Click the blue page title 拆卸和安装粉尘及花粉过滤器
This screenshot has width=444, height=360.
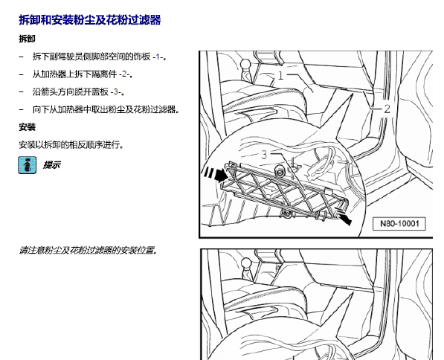90,20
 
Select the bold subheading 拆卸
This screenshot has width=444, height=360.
28,39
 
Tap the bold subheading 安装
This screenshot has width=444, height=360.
28,127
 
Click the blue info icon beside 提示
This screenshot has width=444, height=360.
28,165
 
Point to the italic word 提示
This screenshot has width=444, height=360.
51,165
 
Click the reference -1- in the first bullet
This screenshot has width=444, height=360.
158,57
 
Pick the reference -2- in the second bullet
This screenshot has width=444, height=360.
124,74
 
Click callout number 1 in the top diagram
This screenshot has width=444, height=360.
280,75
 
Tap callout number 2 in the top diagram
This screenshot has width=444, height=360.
387,109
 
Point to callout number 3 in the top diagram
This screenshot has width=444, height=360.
264,155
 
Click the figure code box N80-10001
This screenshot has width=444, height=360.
399,224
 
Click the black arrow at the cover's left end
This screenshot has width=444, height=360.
215,174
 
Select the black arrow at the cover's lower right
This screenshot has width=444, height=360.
344,216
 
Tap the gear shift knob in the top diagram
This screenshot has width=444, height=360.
245,64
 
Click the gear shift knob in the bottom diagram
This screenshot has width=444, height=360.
246,263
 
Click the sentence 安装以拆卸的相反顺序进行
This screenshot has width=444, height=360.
71,145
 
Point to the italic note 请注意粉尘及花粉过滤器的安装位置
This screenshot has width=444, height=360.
88,251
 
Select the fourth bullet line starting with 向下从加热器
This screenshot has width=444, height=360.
106,109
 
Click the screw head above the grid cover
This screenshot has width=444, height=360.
280,172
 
